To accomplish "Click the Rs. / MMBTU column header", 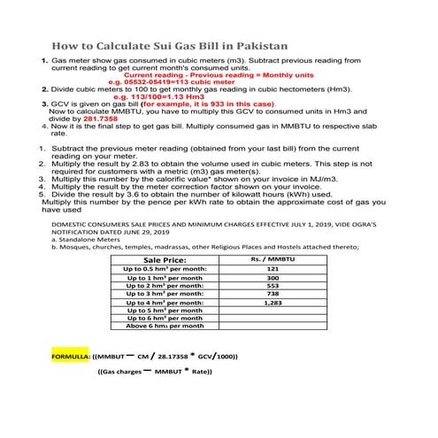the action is click(x=273, y=259).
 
